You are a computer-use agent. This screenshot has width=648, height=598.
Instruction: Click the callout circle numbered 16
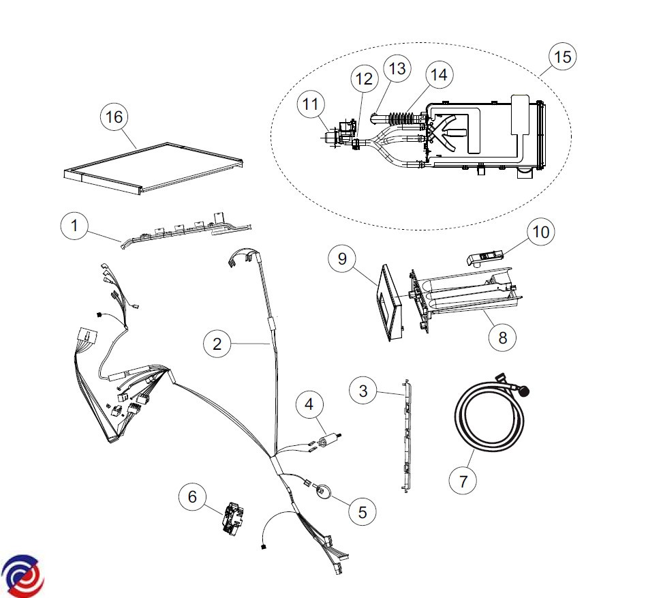114,117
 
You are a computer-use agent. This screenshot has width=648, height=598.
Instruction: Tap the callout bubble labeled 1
74,226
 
